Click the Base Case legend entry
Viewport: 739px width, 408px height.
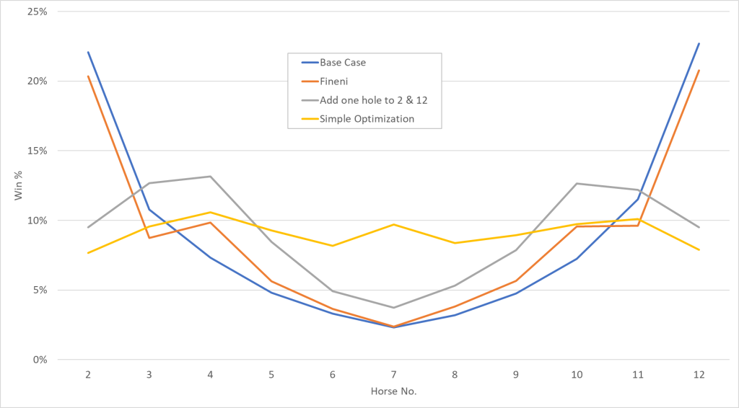pyautogui.click(x=343, y=63)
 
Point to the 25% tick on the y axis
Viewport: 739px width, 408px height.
pyautogui.click(x=38, y=12)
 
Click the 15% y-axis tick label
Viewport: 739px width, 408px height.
pyautogui.click(x=38, y=151)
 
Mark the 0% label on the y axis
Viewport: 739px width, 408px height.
pyautogui.click(x=40, y=360)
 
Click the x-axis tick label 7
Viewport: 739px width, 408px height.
pyautogui.click(x=393, y=375)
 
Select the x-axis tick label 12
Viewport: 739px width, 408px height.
pyautogui.click(x=699, y=375)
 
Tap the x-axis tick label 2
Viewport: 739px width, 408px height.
pyautogui.click(x=88, y=375)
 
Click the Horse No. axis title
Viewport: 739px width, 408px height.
pyautogui.click(x=393, y=392)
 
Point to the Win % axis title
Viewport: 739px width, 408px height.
pyautogui.click(x=19, y=186)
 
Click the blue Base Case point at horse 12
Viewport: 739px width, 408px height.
pyautogui.click(x=699, y=43)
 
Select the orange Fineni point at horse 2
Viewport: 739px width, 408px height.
pyautogui.click(x=88, y=76)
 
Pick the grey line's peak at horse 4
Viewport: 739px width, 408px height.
pyautogui.click(x=210, y=177)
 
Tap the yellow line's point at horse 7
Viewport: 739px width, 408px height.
pyautogui.click(x=393, y=224)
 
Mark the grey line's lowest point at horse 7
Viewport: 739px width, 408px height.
pyautogui.click(x=393, y=308)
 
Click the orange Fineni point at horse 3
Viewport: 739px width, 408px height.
pyautogui.click(x=149, y=238)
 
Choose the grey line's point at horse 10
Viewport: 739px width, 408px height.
pyautogui.click(x=577, y=183)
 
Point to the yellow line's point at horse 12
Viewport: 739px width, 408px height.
pyautogui.click(x=699, y=249)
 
